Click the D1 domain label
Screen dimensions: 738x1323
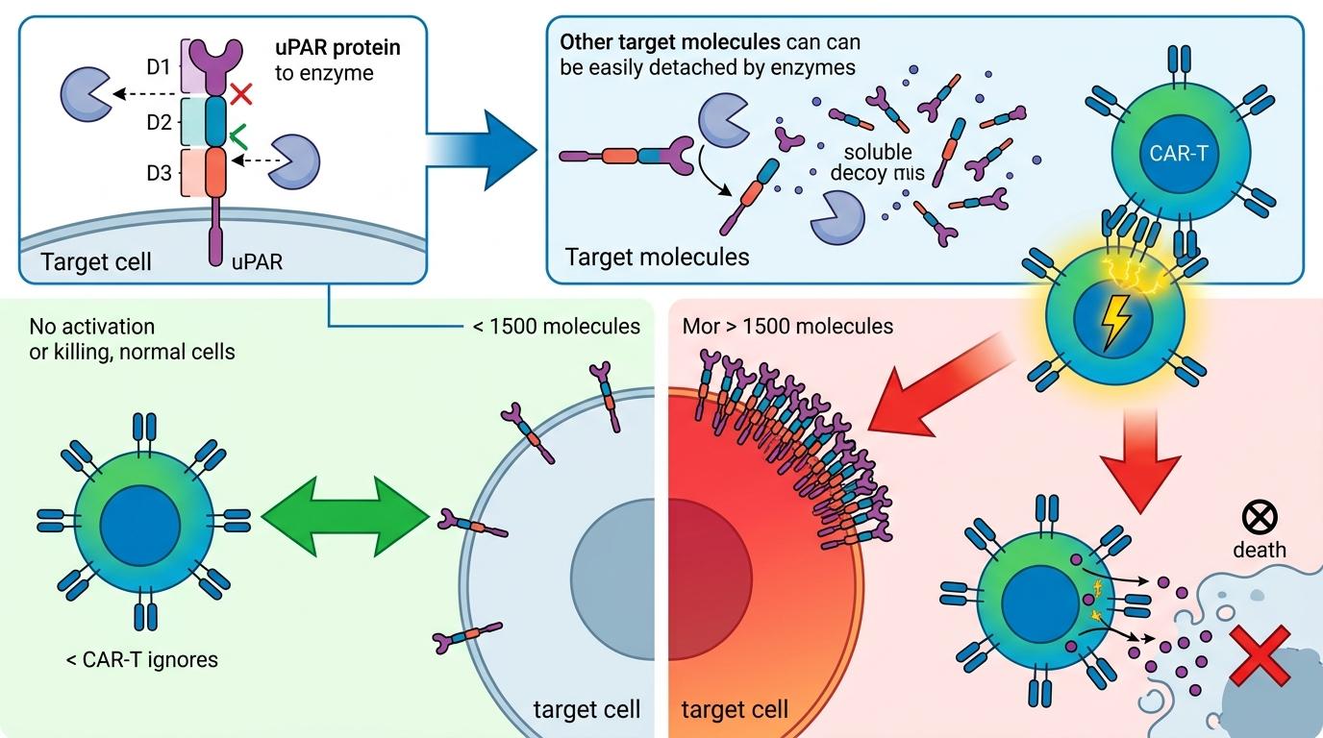coord(159,67)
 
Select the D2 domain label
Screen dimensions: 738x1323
coord(159,122)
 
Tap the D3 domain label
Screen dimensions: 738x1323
coord(159,174)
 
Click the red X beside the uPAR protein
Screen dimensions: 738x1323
coord(241,93)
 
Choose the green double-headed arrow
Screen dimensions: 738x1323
coord(345,519)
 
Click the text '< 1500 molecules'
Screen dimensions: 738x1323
coord(557,327)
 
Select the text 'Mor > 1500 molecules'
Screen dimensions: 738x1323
coord(787,327)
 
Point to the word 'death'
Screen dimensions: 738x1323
coord(1258,551)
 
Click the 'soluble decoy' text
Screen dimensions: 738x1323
coord(878,162)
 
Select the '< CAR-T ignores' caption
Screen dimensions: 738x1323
coord(141,659)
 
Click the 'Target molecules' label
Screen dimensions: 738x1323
coord(657,257)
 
